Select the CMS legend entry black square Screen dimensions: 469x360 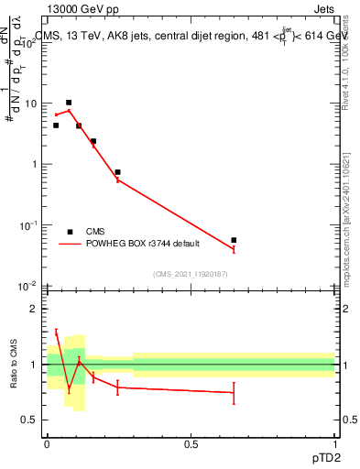coord(70,232)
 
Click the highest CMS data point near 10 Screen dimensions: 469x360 coord(69,103)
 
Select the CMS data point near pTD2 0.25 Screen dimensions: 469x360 coord(117,172)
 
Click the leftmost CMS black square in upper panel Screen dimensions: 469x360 coord(56,125)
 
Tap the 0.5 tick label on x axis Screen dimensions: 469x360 coord(191,443)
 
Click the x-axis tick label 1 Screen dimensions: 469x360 coord(334,443)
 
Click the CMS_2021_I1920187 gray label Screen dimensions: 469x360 coord(190,274)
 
